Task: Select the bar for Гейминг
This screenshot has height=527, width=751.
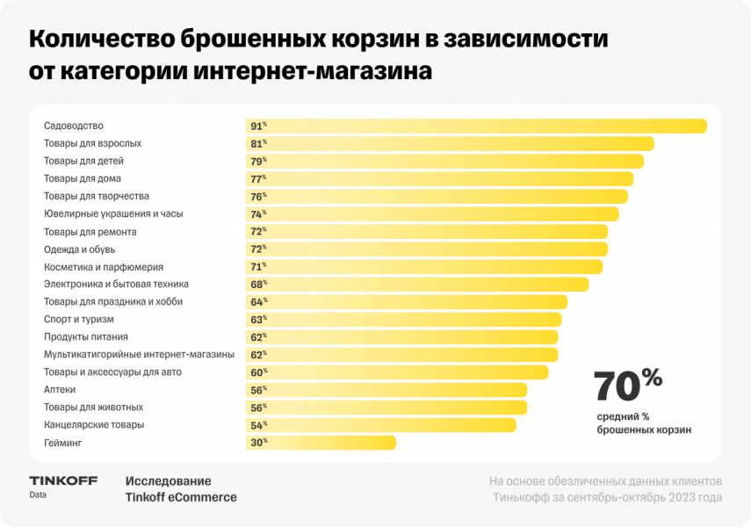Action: pyautogui.click(x=321, y=443)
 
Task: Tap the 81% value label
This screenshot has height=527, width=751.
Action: pyautogui.click(x=257, y=144)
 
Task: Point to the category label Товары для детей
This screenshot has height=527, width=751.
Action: pyautogui.click(x=83, y=162)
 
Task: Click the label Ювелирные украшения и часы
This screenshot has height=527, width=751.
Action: pyautogui.click(x=113, y=214)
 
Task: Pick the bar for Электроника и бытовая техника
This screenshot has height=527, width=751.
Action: pyautogui.click(x=417, y=285)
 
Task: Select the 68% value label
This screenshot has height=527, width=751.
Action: pyautogui.click(x=257, y=285)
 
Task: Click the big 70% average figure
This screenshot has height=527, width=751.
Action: pyautogui.click(x=627, y=385)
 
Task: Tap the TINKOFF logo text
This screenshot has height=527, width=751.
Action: pyautogui.click(x=63, y=480)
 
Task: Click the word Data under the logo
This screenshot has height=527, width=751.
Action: pyautogui.click(x=38, y=495)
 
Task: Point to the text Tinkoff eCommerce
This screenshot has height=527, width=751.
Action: pyautogui.click(x=181, y=498)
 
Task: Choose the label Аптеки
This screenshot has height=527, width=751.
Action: pyautogui.click(x=60, y=390)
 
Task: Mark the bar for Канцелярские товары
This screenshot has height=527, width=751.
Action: pyautogui.click(x=380, y=425)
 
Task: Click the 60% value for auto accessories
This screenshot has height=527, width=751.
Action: pyautogui.click(x=257, y=372)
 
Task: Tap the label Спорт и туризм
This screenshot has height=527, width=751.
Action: pyautogui.click(x=79, y=320)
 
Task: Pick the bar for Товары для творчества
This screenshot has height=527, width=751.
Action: pyautogui.click(x=437, y=197)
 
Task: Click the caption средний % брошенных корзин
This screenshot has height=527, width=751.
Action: pyautogui.click(x=644, y=422)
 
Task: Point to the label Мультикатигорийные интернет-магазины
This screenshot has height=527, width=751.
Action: pyautogui.click(x=139, y=355)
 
